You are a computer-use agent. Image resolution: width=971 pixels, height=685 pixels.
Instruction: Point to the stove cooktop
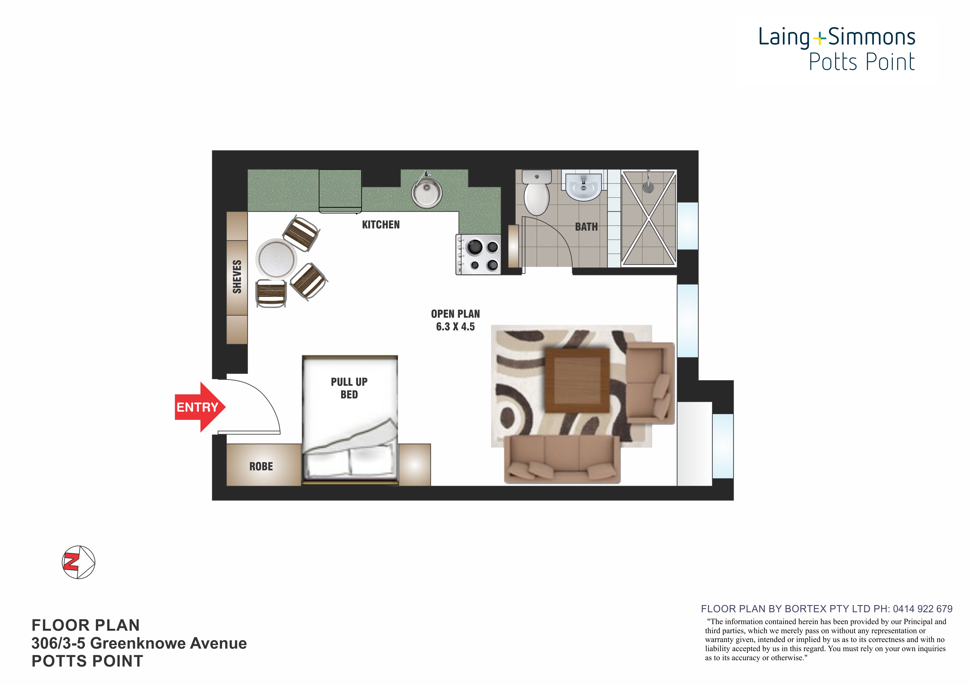(x=478, y=255)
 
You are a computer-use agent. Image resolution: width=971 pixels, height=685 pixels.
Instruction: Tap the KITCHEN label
(x=381, y=225)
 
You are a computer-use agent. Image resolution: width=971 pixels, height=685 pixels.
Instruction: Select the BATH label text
(x=586, y=227)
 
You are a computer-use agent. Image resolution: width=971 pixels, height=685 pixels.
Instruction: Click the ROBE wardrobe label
(x=261, y=467)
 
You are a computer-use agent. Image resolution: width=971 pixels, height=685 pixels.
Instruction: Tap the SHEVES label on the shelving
(x=237, y=277)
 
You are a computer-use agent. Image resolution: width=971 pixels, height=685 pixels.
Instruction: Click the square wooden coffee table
(x=577, y=380)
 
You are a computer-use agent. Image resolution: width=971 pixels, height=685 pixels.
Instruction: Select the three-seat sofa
(x=562, y=460)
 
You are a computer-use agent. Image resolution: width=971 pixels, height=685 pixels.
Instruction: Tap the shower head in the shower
(x=648, y=185)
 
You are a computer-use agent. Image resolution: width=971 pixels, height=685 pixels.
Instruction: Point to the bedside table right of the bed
(x=414, y=465)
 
